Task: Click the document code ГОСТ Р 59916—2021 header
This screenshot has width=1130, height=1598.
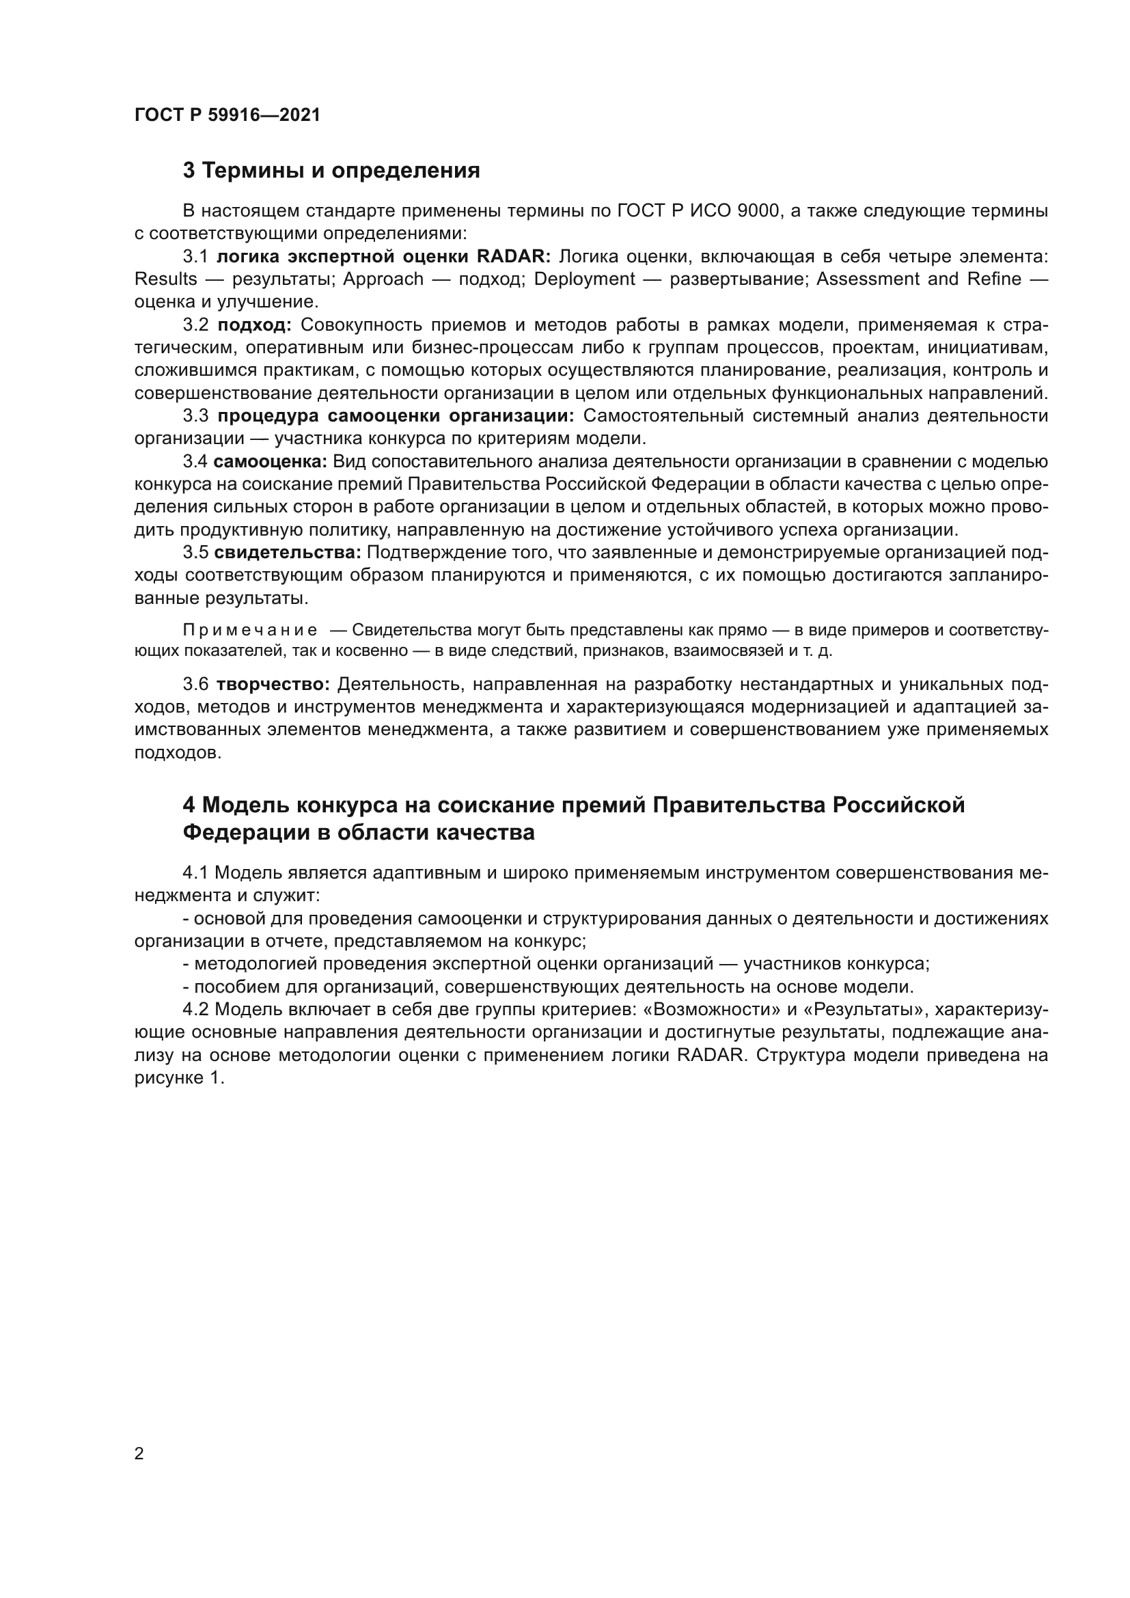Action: pos(228,115)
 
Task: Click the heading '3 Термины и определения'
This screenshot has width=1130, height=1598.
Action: pos(331,171)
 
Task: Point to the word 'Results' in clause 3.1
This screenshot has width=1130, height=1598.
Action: pos(165,279)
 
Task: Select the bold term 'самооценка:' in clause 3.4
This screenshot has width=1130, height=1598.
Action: pos(270,461)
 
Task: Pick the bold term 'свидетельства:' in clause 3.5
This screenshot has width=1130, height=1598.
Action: pos(288,553)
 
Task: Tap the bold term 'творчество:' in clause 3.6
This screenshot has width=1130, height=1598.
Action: pos(273,684)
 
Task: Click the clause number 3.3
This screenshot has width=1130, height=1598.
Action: pos(195,416)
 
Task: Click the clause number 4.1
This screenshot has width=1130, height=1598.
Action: pos(195,872)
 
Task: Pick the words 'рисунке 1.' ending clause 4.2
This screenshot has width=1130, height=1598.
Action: pos(180,1078)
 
